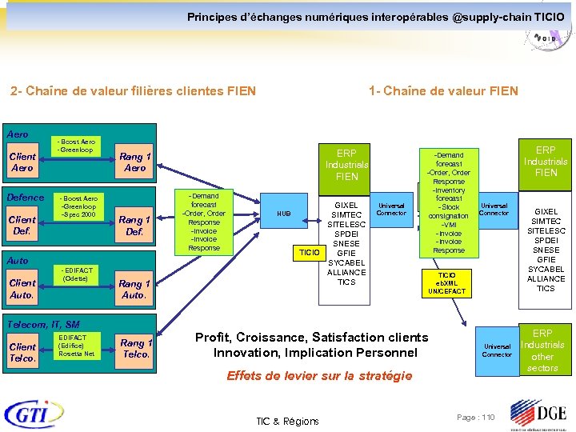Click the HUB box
click(284, 214)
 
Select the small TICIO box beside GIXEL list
click(310, 253)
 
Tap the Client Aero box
click(22, 162)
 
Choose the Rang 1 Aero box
click(134, 162)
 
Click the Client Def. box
click(22, 225)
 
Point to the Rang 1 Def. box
click(134, 225)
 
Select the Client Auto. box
click(22, 288)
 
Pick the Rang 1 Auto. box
click(134, 288)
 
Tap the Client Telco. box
click(22, 352)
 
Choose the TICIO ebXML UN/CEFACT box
click(446, 283)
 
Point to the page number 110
click(476, 418)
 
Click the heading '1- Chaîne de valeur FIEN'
click(443, 91)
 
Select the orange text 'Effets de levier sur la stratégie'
click(319, 375)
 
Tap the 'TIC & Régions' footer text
click(287, 421)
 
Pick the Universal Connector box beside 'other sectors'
click(496, 350)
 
